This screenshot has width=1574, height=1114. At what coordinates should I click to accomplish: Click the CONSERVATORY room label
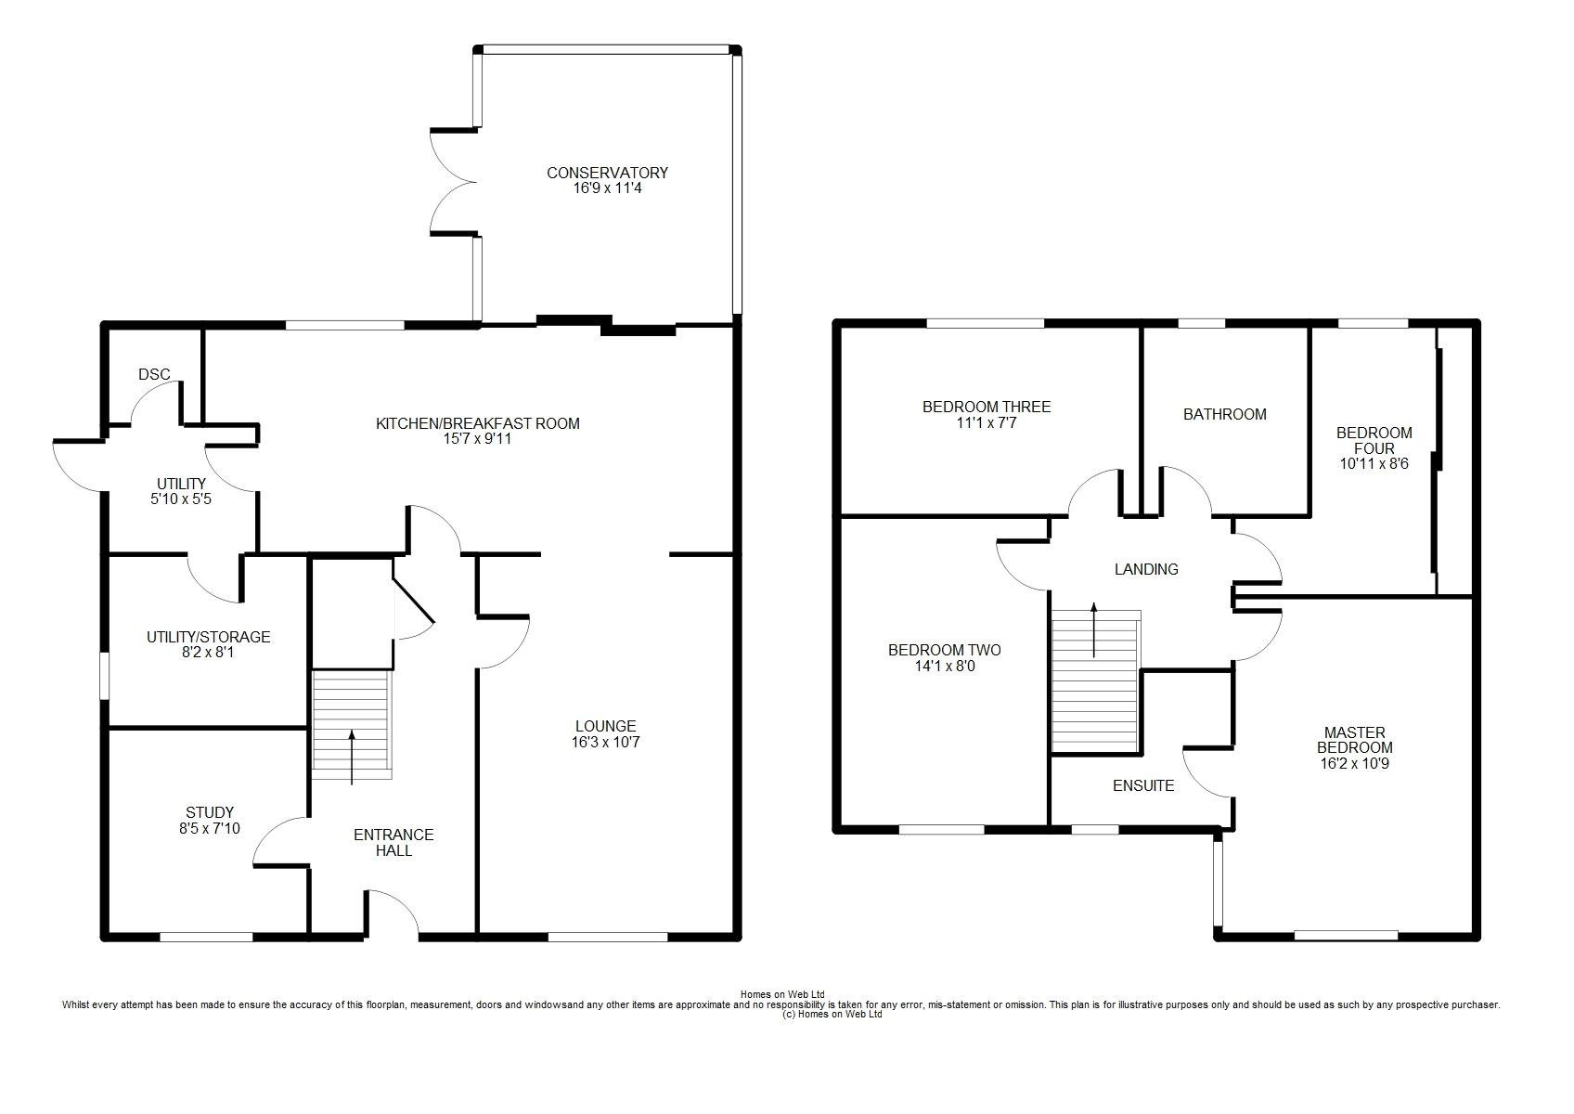(607, 172)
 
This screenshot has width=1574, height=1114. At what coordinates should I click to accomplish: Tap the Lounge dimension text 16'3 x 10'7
(606, 742)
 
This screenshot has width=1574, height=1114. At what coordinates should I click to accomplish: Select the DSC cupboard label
(154, 375)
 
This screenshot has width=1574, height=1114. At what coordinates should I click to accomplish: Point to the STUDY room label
(210, 812)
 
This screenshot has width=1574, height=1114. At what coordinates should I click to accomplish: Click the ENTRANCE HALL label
(393, 842)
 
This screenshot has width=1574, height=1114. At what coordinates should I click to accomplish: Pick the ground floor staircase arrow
(352, 757)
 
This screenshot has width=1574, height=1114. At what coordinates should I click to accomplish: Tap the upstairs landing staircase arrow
(1093, 629)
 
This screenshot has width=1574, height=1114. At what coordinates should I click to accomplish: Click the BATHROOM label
(1225, 414)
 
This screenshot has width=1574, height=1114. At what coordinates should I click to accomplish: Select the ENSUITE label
(1143, 785)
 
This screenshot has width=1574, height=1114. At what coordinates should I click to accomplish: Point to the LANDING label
(1146, 569)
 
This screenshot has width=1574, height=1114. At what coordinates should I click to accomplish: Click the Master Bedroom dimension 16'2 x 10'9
(1355, 763)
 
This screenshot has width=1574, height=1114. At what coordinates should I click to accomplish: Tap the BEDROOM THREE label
(987, 407)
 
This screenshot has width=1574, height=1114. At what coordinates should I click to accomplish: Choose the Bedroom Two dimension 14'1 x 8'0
(945, 666)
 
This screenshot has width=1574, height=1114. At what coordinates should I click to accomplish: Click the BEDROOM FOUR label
(1374, 440)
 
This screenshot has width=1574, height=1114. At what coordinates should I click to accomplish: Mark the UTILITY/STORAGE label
(208, 637)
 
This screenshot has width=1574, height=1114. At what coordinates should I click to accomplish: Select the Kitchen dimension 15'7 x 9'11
(477, 438)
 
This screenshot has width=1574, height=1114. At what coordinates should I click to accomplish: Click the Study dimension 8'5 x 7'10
(210, 829)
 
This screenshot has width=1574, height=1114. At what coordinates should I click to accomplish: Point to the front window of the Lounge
(608, 937)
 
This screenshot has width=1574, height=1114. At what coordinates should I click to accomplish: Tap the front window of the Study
(206, 937)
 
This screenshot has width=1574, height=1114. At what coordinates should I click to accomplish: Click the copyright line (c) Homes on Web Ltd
(832, 1014)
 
